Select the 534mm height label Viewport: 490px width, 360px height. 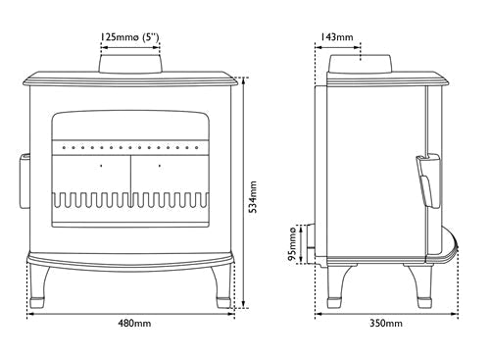252,196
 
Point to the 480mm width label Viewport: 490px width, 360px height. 133,323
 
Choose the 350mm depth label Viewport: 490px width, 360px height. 385,323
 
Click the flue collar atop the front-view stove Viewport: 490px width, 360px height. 131,63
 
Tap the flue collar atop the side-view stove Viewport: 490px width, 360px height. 362,63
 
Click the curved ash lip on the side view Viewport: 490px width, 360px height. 448,251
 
